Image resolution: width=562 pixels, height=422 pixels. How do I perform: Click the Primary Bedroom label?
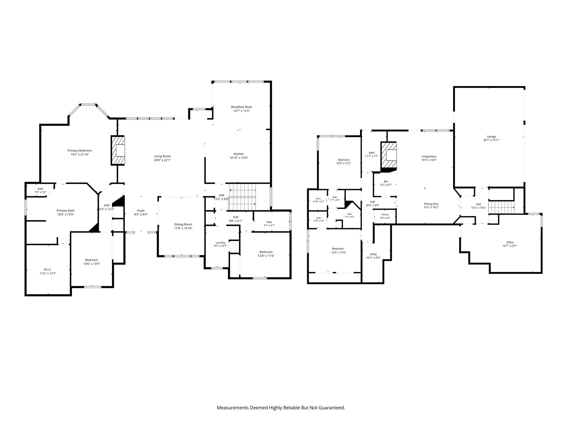[x=80, y=151]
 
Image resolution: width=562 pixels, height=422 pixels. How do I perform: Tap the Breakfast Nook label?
[x=241, y=107]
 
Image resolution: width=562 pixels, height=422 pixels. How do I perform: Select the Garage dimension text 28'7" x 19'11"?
[x=491, y=140]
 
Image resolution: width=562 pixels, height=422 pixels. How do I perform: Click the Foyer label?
[x=141, y=211]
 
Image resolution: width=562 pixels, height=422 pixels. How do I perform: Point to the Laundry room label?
[x=221, y=243]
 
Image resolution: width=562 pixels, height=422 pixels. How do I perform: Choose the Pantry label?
[x=385, y=215]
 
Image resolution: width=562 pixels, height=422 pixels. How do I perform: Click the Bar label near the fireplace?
[x=386, y=181]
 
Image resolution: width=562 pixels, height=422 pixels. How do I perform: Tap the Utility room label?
[x=373, y=254]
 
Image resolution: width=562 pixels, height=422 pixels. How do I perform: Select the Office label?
[x=510, y=242]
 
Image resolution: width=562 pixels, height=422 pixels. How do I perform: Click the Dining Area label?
[x=431, y=204]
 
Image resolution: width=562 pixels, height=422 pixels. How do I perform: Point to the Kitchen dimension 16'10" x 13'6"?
[x=239, y=158]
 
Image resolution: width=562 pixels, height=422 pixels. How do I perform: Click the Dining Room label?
[x=183, y=224]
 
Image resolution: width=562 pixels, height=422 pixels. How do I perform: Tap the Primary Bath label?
[x=66, y=211]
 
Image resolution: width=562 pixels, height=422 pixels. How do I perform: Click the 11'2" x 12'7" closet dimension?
[x=48, y=273]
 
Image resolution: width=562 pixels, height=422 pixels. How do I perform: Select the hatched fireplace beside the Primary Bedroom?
[x=117, y=151]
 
